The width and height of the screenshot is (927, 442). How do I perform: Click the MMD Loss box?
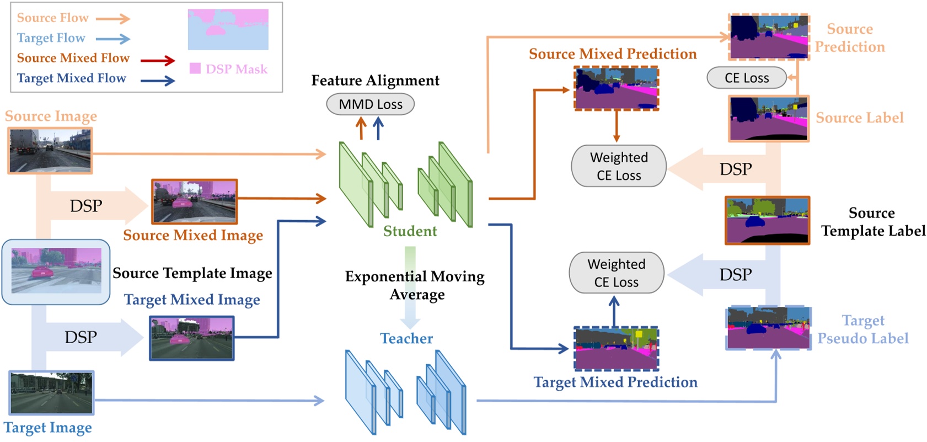coord(370,104)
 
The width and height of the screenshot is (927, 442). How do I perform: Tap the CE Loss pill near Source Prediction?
coord(746,78)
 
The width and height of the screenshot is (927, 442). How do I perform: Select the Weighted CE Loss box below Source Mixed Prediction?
coord(618,166)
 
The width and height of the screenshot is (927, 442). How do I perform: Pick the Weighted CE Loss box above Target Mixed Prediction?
coord(616,273)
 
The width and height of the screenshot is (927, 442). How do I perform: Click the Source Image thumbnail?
coord(50,151)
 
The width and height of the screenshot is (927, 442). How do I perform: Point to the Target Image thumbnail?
coord(51,393)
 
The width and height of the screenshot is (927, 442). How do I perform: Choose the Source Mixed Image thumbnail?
coord(195,201)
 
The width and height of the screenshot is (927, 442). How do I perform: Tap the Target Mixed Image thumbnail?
coord(192,338)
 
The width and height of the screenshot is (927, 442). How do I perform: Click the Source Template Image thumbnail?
coord(56,271)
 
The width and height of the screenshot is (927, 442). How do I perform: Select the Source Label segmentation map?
coord(769,119)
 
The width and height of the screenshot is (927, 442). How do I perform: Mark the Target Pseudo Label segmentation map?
coord(768,328)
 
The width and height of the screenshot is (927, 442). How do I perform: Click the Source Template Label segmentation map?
coord(767,220)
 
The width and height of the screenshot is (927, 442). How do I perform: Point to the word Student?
coord(410,231)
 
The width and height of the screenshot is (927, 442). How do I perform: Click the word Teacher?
coord(406,338)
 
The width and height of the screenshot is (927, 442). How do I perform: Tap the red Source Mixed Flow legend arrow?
coord(158,60)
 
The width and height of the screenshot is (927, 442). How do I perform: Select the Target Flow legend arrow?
coord(112,39)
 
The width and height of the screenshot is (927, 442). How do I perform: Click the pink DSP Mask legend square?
coord(195,68)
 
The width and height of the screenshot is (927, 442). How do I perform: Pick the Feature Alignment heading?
coord(375,81)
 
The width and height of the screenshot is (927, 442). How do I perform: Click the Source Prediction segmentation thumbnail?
coord(769,37)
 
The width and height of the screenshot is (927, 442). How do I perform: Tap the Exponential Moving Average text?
coord(415,285)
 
